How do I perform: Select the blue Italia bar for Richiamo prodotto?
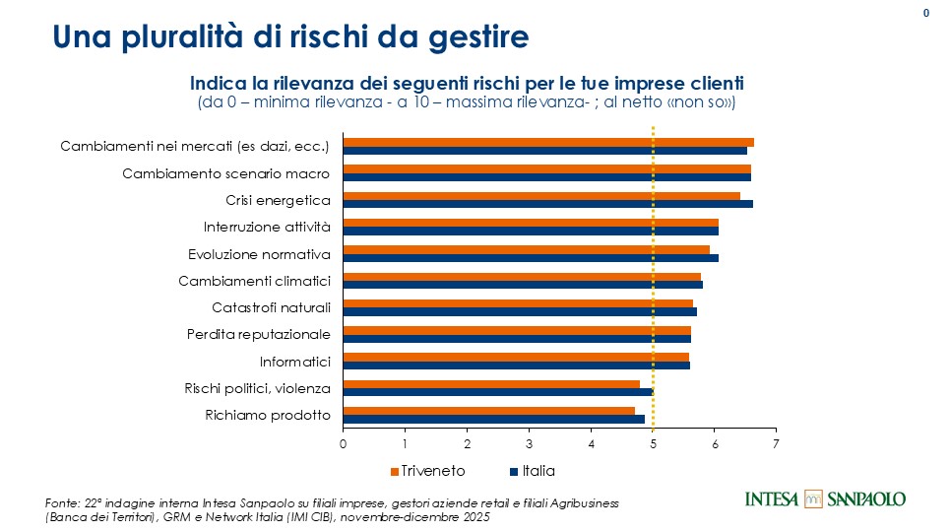[493, 419]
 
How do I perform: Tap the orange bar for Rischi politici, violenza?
[491, 383]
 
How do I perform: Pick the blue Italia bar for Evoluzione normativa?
[531, 258]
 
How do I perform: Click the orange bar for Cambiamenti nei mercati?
[548, 142]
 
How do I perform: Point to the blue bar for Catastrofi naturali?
[520, 311]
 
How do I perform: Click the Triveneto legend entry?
[428, 471]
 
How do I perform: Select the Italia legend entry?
[533, 471]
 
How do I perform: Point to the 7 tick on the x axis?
[777, 444]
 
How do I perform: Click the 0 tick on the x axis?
[344, 444]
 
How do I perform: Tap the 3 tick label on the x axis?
[530, 444]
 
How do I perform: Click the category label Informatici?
[294, 361]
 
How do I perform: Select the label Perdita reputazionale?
[258, 334]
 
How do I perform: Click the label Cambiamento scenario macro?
[225, 174]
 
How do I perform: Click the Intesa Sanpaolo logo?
[825, 499]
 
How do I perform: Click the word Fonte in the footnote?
[63, 502]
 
